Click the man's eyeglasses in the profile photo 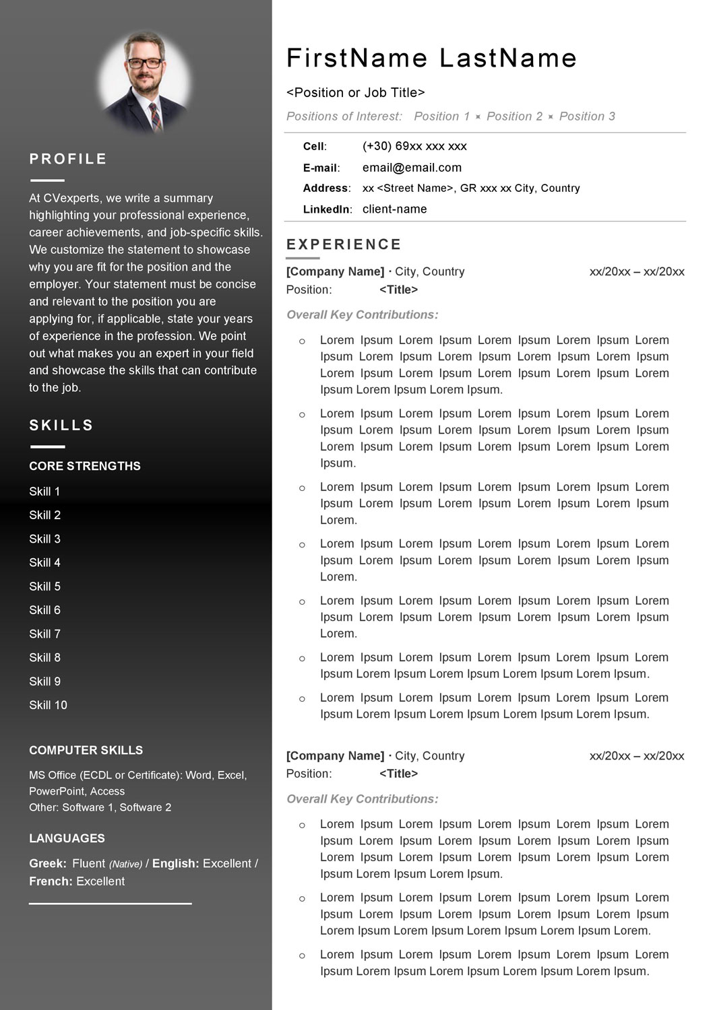point(144,63)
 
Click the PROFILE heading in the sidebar point(68,159)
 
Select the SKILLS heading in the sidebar point(61,426)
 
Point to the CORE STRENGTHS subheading point(85,466)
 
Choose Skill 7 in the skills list point(44,634)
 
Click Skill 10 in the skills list point(48,705)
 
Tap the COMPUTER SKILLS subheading point(86,750)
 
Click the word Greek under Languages point(47,863)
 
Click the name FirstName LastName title point(431,59)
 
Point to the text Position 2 point(514,116)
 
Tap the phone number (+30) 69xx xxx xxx point(414,146)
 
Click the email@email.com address point(412,168)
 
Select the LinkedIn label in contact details point(326,209)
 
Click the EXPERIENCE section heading point(344,244)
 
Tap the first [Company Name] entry point(335,271)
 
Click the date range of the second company point(636,756)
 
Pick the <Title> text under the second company point(398,774)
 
